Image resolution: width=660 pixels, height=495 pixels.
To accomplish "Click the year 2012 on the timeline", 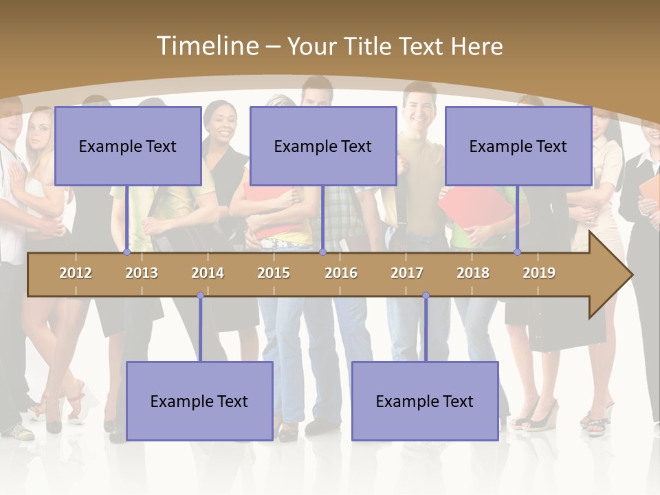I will [76, 273].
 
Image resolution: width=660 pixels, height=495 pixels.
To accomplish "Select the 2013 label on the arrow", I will [142, 273].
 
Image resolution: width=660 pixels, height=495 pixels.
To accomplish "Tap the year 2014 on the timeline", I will [208, 273].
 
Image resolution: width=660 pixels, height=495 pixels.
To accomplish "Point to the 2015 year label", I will [274, 273].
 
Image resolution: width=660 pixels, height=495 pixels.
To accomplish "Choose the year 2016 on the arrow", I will [341, 273].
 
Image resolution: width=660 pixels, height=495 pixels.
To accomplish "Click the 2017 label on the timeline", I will [407, 273].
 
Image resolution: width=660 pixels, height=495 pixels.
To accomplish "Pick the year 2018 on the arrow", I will [473, 273].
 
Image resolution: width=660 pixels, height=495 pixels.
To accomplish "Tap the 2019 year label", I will [539, 273].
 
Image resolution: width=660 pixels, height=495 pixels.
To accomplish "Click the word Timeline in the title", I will [207, 46].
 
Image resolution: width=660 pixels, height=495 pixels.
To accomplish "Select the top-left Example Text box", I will [128, 146].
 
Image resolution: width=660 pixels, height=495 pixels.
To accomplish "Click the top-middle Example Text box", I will [323, 146].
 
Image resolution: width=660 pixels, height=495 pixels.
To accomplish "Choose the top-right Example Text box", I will [518, 146].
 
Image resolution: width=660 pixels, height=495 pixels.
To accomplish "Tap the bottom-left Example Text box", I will [199, 401].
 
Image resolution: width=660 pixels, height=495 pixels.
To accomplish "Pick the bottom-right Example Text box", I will [425, 401].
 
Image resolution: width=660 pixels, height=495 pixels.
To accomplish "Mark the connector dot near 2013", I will [126, 252].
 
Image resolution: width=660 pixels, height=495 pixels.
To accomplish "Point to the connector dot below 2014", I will [200, 296].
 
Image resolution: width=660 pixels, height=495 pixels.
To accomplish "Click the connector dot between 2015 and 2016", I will [322, 252].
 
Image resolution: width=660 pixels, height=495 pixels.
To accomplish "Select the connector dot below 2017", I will [426, 296].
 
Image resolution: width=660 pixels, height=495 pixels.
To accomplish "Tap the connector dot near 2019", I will [517, 252].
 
